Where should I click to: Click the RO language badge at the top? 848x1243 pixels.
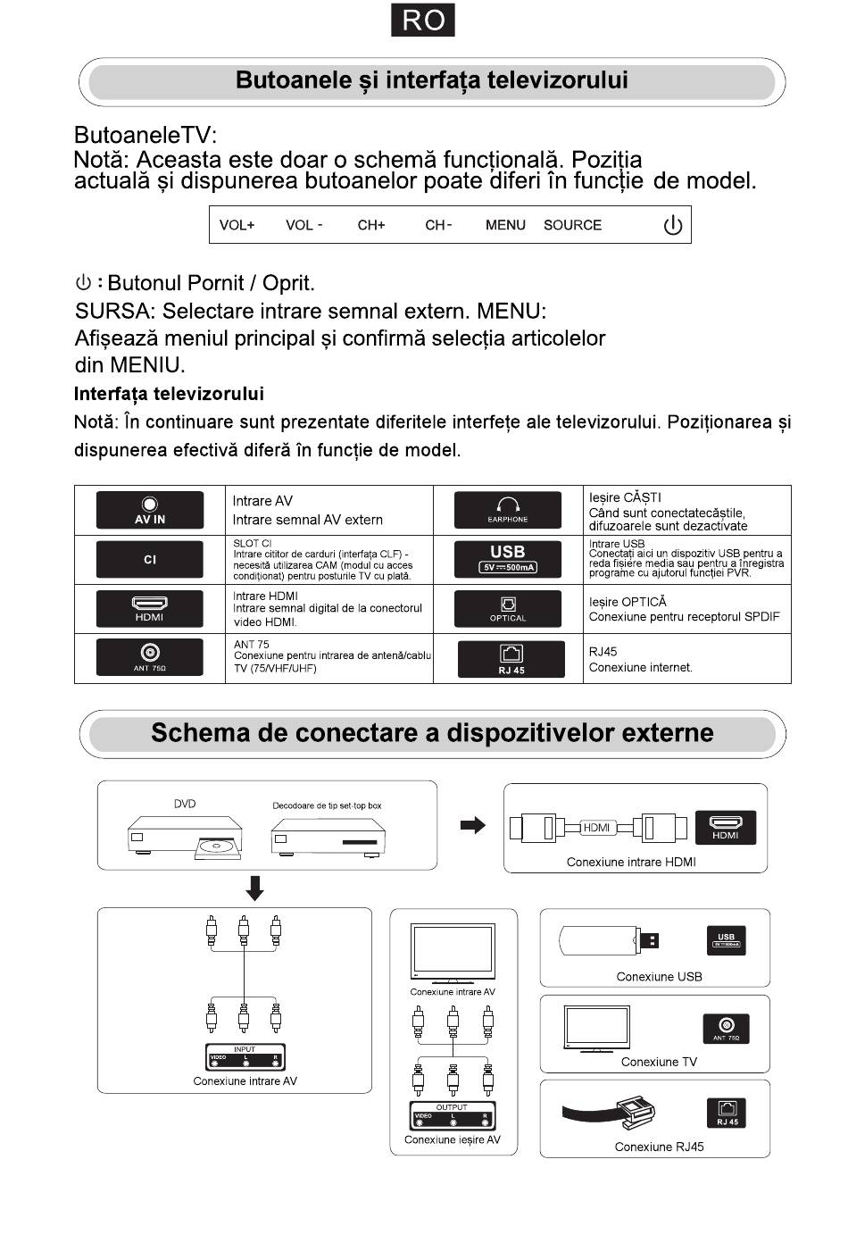[423, 20]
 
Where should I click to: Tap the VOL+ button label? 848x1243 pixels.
[237, 225]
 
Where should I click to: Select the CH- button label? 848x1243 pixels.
[438, 225]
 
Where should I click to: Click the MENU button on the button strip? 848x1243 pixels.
[505, 225]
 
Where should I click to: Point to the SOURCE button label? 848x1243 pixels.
[572, 225]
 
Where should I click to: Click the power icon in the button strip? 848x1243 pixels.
[672, 225]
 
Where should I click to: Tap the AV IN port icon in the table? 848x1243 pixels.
[150, 510]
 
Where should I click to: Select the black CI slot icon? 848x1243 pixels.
[150, 560]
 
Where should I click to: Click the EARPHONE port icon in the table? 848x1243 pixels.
[508, 510]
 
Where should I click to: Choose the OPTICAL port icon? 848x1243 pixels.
[508, 609]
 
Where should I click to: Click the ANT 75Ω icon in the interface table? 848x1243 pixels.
[150, 658]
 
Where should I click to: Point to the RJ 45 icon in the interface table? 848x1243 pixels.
[511, 659]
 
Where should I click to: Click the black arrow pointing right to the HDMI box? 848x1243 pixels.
[472, 825]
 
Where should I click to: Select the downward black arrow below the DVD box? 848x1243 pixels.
[255, 888]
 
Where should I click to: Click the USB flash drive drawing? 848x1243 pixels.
[610, 940]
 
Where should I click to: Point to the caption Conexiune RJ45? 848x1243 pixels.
[659, 1147]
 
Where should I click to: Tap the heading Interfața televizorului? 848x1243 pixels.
[169, 394]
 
